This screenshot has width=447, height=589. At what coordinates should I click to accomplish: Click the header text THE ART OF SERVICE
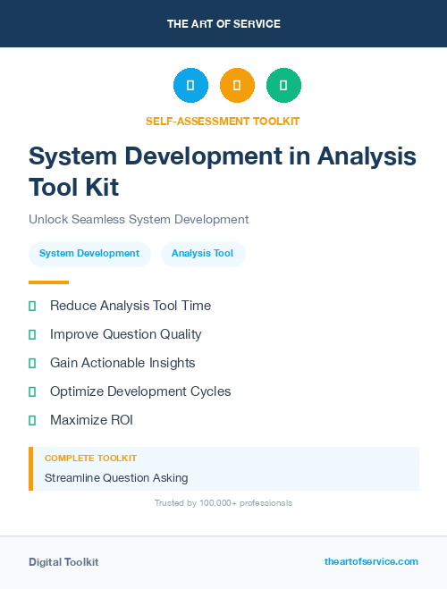223,24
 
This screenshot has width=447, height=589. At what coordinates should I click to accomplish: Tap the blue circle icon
190,86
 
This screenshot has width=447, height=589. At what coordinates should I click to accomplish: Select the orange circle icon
237,86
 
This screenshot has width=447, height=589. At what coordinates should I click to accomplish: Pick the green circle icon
283,86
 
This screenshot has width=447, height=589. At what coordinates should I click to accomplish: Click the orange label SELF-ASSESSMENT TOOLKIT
223,121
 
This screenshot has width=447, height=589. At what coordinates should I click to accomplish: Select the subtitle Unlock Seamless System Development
139,219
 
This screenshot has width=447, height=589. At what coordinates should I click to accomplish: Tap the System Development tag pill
89,254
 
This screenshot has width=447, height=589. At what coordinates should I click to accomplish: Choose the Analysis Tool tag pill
202,254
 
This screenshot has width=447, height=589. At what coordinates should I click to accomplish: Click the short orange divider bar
48,282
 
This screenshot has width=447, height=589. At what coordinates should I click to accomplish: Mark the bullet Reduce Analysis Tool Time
131,306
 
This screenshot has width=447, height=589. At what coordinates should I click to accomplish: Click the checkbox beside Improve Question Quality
32,334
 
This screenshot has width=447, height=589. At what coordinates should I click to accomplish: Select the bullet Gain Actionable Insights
122,363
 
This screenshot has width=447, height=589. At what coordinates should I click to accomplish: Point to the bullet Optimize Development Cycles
140,391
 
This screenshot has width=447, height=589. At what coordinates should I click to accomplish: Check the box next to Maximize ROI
32,420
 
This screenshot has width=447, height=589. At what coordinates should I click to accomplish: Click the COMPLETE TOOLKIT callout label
90,458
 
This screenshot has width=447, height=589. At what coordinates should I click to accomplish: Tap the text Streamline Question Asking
116,478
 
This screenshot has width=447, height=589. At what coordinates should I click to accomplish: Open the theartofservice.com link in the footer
371,561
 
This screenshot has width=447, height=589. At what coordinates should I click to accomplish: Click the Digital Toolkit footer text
63,562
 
